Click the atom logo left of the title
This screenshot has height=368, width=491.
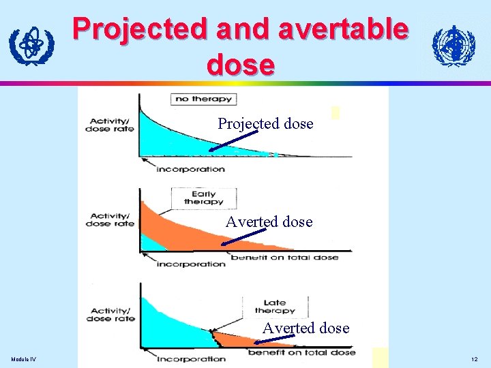(x=31, y=45)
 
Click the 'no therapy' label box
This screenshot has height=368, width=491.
(x=203, y=99)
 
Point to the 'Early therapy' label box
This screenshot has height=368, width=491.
(x=203, y=197)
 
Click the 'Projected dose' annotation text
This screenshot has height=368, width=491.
(x=265, y=124)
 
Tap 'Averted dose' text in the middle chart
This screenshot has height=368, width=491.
(x=269, y=222)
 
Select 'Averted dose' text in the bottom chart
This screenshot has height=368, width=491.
(x=306, y=328)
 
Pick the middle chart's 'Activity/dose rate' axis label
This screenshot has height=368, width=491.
(x=110, y=219)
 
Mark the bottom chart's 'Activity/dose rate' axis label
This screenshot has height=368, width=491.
(x=110, y=315)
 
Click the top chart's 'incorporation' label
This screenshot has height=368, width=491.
(x=190, y=169)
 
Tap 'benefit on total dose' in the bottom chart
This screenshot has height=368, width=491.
(x=301, y=352)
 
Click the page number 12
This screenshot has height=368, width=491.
(x=474, y=359)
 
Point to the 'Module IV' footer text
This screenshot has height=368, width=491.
(x=24, y=359)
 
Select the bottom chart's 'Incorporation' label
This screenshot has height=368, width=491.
(x=191, y=358)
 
